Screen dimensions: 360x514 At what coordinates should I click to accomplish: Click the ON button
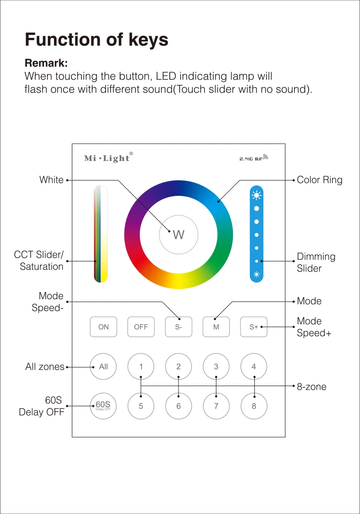[x=104, y=327]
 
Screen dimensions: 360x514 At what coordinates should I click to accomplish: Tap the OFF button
[x=141, y=327]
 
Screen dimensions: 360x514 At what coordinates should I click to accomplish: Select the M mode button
[x=216, y=327]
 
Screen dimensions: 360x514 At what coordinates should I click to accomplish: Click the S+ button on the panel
[x=254, y=327]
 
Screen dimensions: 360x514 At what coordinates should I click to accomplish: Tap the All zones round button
[x=103, y=366]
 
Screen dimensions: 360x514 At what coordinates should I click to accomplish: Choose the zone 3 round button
[x=216, y=366]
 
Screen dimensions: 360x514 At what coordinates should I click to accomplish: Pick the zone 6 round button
[x=178, y=406]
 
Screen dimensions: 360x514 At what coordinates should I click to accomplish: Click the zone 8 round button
[x=254, y=406]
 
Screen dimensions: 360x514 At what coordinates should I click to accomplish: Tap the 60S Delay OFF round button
[x=103, y=406]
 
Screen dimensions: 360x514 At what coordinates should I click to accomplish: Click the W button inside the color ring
[x=178, y=235]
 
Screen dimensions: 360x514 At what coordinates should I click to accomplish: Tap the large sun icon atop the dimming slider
[x=256, y=195]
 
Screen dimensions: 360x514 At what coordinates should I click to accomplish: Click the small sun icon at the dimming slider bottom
[x=256, y=275]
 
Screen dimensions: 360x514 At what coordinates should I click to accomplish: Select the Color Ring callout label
[x=320, y=180]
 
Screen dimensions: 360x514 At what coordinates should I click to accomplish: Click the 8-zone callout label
[x=311, y=386]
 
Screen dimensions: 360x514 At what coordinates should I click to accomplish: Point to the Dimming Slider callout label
[x=316, y=262]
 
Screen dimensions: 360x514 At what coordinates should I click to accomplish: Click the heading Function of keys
[x=97, y=40]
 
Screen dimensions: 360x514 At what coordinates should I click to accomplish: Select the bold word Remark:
[x=46, y=64]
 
